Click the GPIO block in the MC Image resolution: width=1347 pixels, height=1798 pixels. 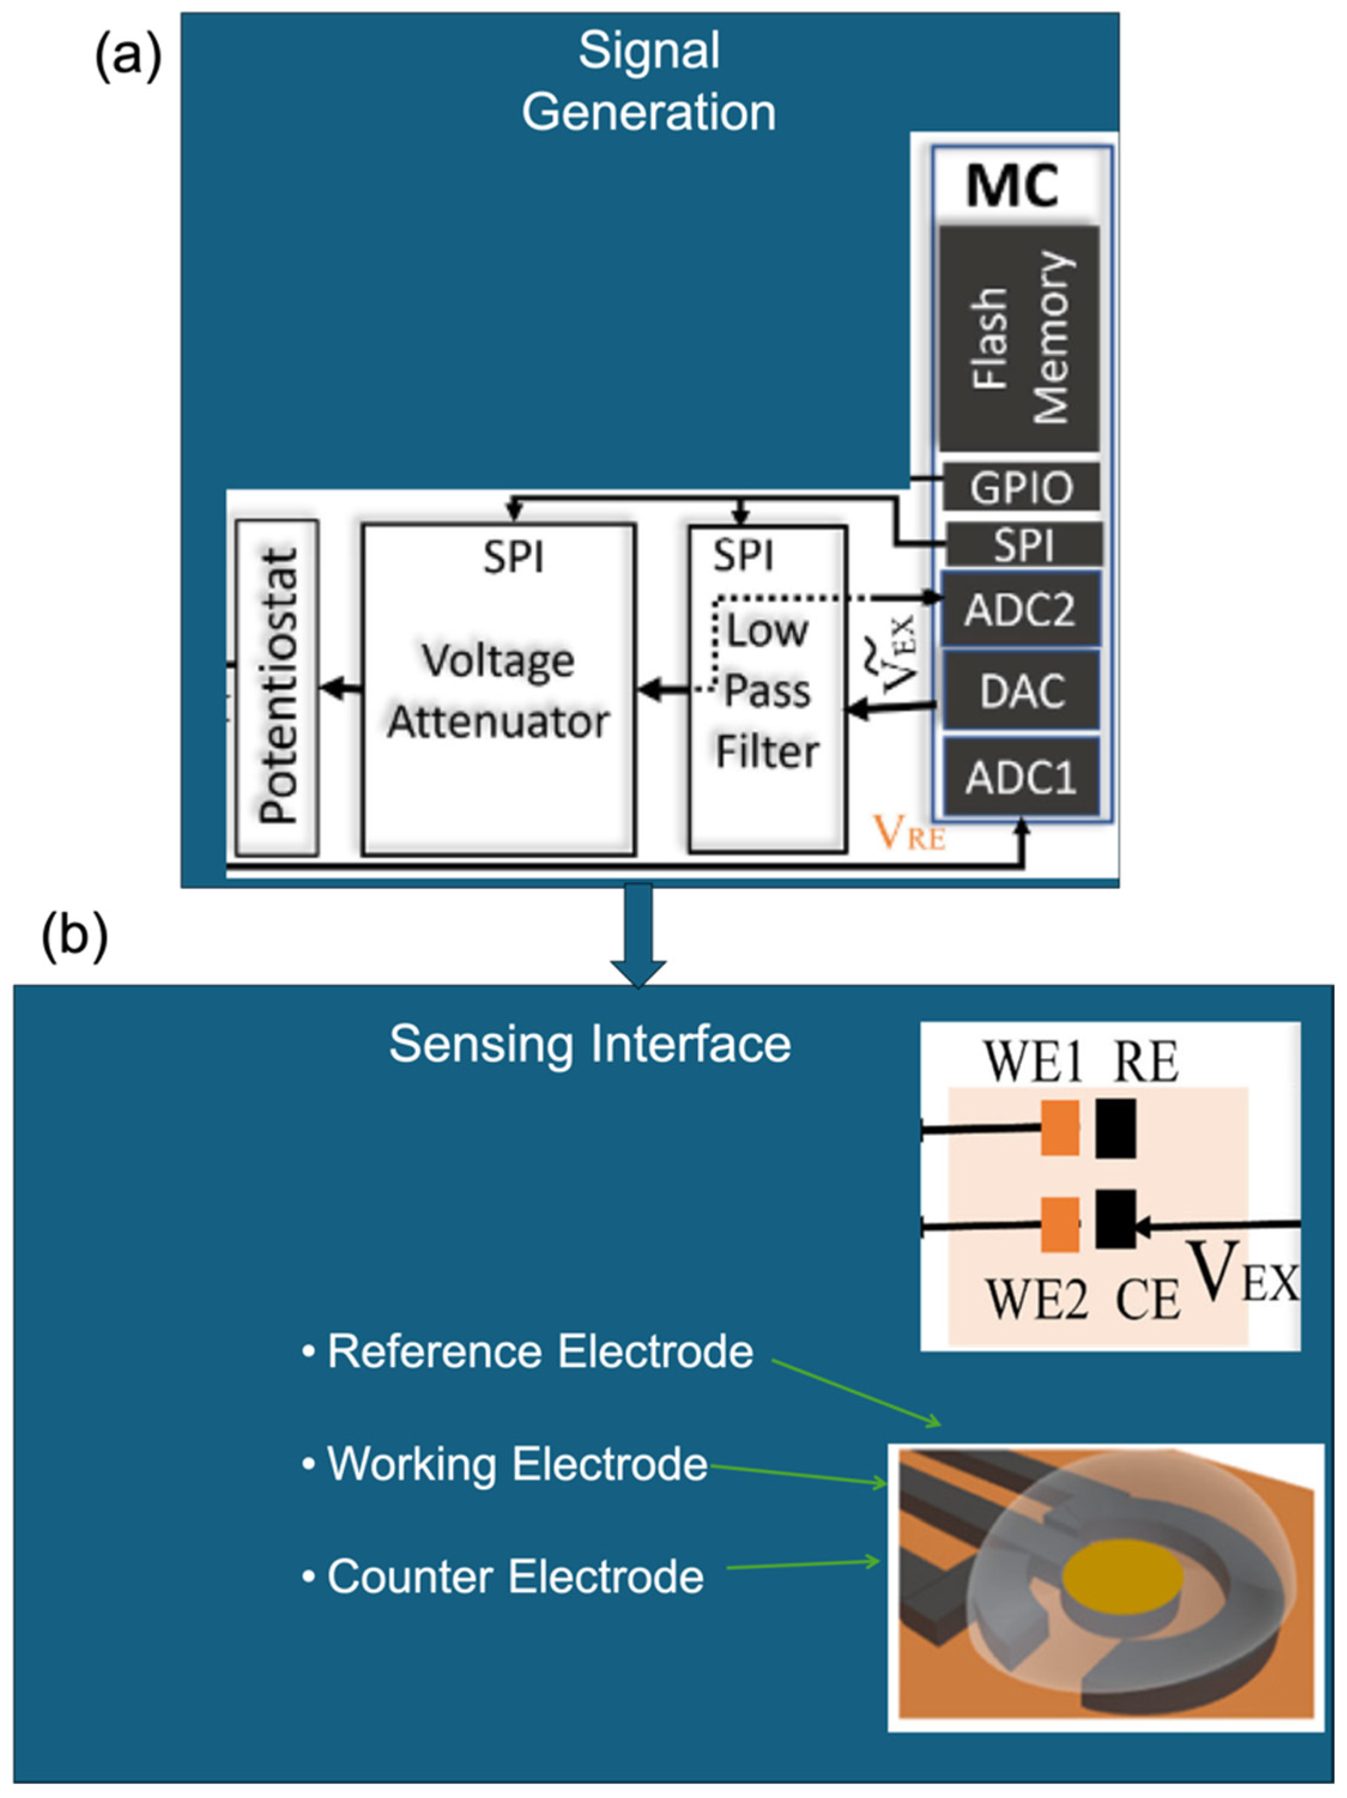[1021, 488]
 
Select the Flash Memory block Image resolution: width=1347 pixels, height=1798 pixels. [1019, 339]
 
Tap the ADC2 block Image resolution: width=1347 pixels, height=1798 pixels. [1021, 609]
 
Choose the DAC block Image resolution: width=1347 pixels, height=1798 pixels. [1021, 691]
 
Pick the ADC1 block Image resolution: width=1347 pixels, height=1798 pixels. [1021, 777]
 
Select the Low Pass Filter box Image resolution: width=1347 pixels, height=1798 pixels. [767, 689]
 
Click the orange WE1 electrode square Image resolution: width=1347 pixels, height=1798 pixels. [1060, 1128]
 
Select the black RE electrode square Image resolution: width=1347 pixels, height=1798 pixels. [1115, 1128]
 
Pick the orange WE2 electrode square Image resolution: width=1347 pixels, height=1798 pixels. [1060, 1224]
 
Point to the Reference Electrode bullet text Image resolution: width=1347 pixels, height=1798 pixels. [540, 1352]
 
